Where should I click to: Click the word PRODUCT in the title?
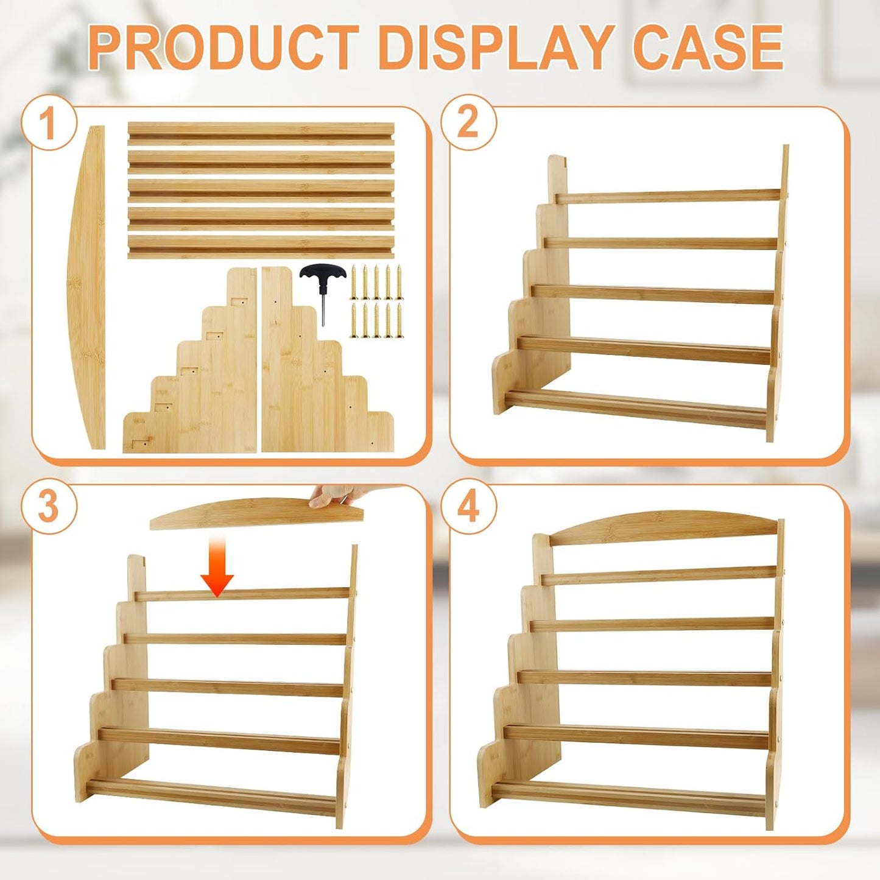coord(223,48)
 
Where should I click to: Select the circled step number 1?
coord(49,123)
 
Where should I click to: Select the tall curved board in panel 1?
coord(88,286)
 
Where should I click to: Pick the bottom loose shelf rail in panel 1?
coord(261,247)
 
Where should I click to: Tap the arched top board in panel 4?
coord(664,527)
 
